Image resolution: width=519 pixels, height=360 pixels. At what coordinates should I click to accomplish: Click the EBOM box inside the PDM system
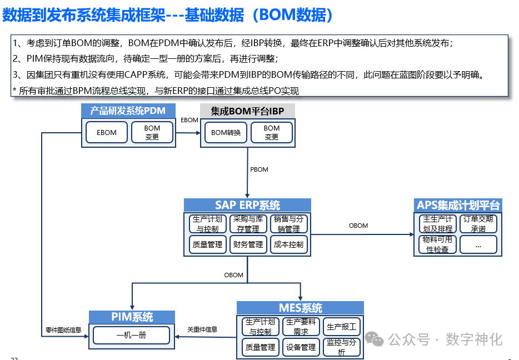pos(107,133)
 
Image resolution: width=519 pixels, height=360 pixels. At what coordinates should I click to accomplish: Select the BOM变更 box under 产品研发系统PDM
pos(152,133)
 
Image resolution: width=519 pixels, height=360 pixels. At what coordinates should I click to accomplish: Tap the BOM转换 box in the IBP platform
pos(226,133)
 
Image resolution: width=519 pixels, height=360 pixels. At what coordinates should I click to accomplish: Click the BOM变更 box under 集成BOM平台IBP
pos(272,133)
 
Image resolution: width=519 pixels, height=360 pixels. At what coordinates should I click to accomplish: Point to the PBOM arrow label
pos(259,169)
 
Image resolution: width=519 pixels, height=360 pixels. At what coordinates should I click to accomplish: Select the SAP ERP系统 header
pos(247,205)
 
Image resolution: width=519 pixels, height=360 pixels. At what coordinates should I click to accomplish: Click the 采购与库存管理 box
pos(248,224)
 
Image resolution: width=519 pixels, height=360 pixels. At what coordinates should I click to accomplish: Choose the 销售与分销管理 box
pos(288,224)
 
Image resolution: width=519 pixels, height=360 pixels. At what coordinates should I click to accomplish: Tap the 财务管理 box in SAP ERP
pos(248,244)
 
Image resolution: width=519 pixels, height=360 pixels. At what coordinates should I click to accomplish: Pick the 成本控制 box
pos(288,244)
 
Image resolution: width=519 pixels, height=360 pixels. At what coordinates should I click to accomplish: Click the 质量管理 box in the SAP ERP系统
pos(207,244)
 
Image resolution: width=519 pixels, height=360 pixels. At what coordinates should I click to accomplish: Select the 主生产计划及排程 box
pos(438,224)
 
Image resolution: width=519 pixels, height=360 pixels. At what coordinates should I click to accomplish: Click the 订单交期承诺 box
pos(478,224)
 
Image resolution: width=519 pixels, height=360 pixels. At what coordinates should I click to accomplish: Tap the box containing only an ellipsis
pos(478,244)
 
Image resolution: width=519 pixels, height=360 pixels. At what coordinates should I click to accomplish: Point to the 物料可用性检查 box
pos(438,244)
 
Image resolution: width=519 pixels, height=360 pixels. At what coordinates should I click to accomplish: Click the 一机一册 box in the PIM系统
pos(131,336)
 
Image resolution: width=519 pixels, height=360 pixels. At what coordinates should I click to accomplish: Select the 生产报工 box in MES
pos(341,327)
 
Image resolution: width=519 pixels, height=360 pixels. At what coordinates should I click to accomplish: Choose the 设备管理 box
pos(301,347)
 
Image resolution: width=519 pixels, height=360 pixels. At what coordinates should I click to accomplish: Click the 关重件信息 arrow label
pos(202,329)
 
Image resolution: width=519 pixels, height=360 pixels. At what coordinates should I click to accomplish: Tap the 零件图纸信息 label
pos(63,329)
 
